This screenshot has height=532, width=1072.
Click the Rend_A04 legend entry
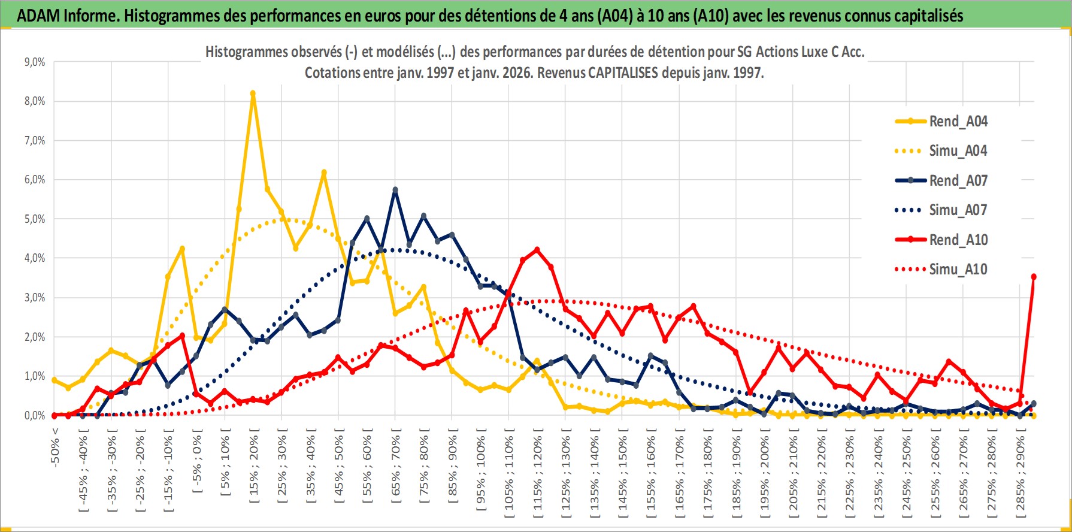(958, 122)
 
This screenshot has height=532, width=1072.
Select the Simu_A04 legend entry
(958, 151)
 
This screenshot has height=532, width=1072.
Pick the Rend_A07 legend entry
(958, 180)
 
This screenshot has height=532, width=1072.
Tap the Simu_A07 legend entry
(958, 210)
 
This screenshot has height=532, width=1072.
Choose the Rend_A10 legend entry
(958, 240)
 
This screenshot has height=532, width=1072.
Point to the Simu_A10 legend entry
(958, 270)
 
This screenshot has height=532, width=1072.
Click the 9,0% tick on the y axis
(34, 62)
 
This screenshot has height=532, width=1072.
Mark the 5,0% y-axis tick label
(34, 219)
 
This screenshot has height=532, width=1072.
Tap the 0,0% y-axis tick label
(34, 416)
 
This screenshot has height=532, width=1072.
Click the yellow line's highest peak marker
(253, 93)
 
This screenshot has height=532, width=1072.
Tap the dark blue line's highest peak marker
(395, 190)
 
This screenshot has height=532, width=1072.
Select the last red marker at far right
(1034, 277)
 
